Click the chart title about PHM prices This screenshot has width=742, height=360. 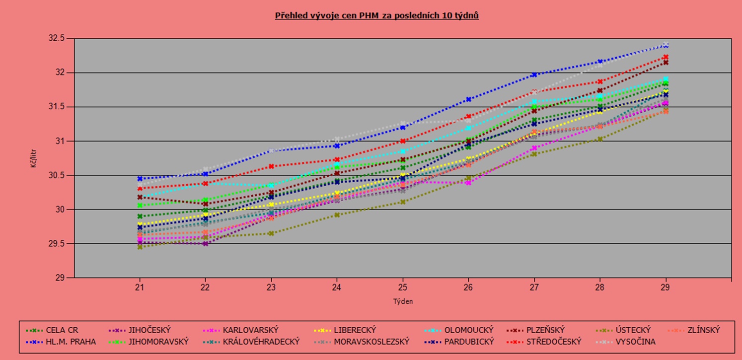(x=377, y=16)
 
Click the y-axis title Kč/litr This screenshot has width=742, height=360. (x=34, y=158)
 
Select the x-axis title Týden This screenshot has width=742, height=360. (x=403, y=301)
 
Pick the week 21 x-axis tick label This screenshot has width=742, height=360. (x=140, y=287)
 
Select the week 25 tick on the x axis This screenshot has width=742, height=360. (x=403, y=287)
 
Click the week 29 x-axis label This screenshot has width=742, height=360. (x=666, y=287)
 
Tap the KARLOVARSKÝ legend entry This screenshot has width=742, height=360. (x=250, y=330)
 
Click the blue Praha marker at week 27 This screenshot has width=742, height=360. (x=534, y=74)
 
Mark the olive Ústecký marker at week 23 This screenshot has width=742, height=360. (x=271, y=233)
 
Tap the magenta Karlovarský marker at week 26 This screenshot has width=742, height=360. (x=468, y=183)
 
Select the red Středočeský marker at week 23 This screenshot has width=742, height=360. (x=271, y=166)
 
